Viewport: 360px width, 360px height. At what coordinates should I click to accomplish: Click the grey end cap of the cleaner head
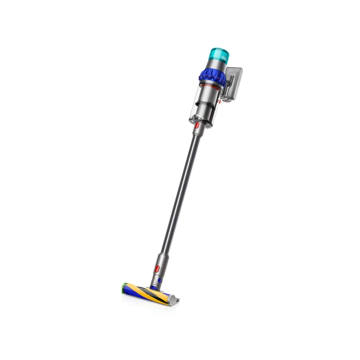click(175, 300)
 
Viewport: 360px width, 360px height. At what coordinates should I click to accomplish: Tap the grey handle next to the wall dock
click(225, 90)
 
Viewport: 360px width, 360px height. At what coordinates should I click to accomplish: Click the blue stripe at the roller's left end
click(130, 291)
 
